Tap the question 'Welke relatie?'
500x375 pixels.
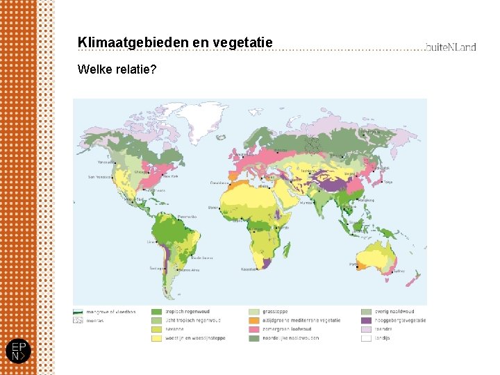pos(117,69)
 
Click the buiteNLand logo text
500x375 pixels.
pos(451,47)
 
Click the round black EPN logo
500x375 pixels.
pos(17,351)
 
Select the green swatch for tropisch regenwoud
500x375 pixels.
pos(157,312)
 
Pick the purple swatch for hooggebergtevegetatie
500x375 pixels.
pos(366,321)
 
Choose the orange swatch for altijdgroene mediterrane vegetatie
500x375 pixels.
pos(254,321)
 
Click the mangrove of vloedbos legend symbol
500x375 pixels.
pos(78,312)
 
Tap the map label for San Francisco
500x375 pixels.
pos(99,177)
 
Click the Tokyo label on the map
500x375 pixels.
pos(388,182)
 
